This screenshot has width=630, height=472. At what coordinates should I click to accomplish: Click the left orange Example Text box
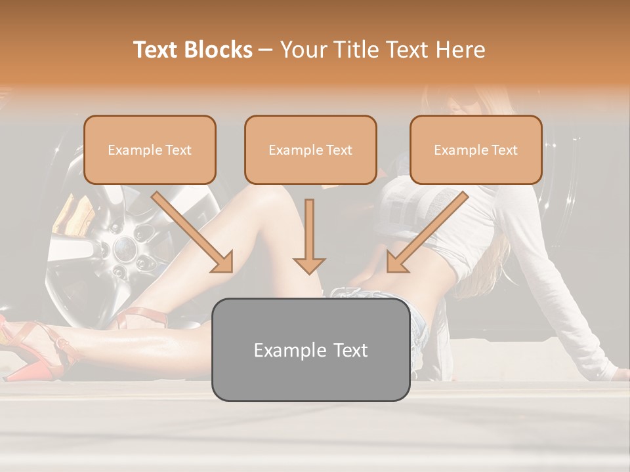pos(150,149)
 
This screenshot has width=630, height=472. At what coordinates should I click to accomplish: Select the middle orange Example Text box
pos(310,149)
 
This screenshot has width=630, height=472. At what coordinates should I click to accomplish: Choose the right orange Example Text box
pos(476,149)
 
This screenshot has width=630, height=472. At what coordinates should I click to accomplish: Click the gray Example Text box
pos(310,349)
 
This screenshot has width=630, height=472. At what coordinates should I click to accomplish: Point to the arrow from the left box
pos(193,232)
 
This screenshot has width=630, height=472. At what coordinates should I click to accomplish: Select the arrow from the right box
pos(427,232)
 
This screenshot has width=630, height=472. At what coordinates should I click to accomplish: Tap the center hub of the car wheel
pos(123,247)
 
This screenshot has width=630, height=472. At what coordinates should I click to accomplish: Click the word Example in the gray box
pos(283,350)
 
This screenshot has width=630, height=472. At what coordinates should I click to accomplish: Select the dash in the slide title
pos(266,50)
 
